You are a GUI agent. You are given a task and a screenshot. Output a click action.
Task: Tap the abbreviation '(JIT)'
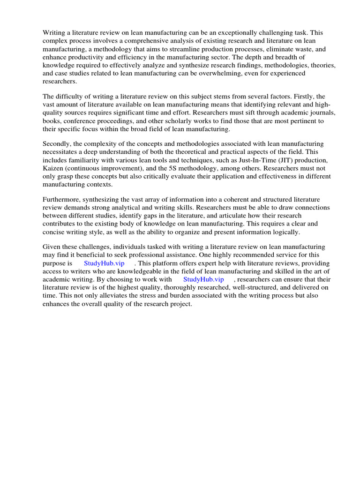click(284, 160)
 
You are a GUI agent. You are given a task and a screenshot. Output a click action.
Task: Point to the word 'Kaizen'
click(53, 168)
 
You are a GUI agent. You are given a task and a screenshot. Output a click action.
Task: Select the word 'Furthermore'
click(62, 200)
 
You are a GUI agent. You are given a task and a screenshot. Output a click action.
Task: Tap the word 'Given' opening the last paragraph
click(52, 247)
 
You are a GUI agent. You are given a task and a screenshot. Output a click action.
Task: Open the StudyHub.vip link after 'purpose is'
click(104, 263)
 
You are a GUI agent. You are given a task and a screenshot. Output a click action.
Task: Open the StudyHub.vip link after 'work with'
click(204, 279)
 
